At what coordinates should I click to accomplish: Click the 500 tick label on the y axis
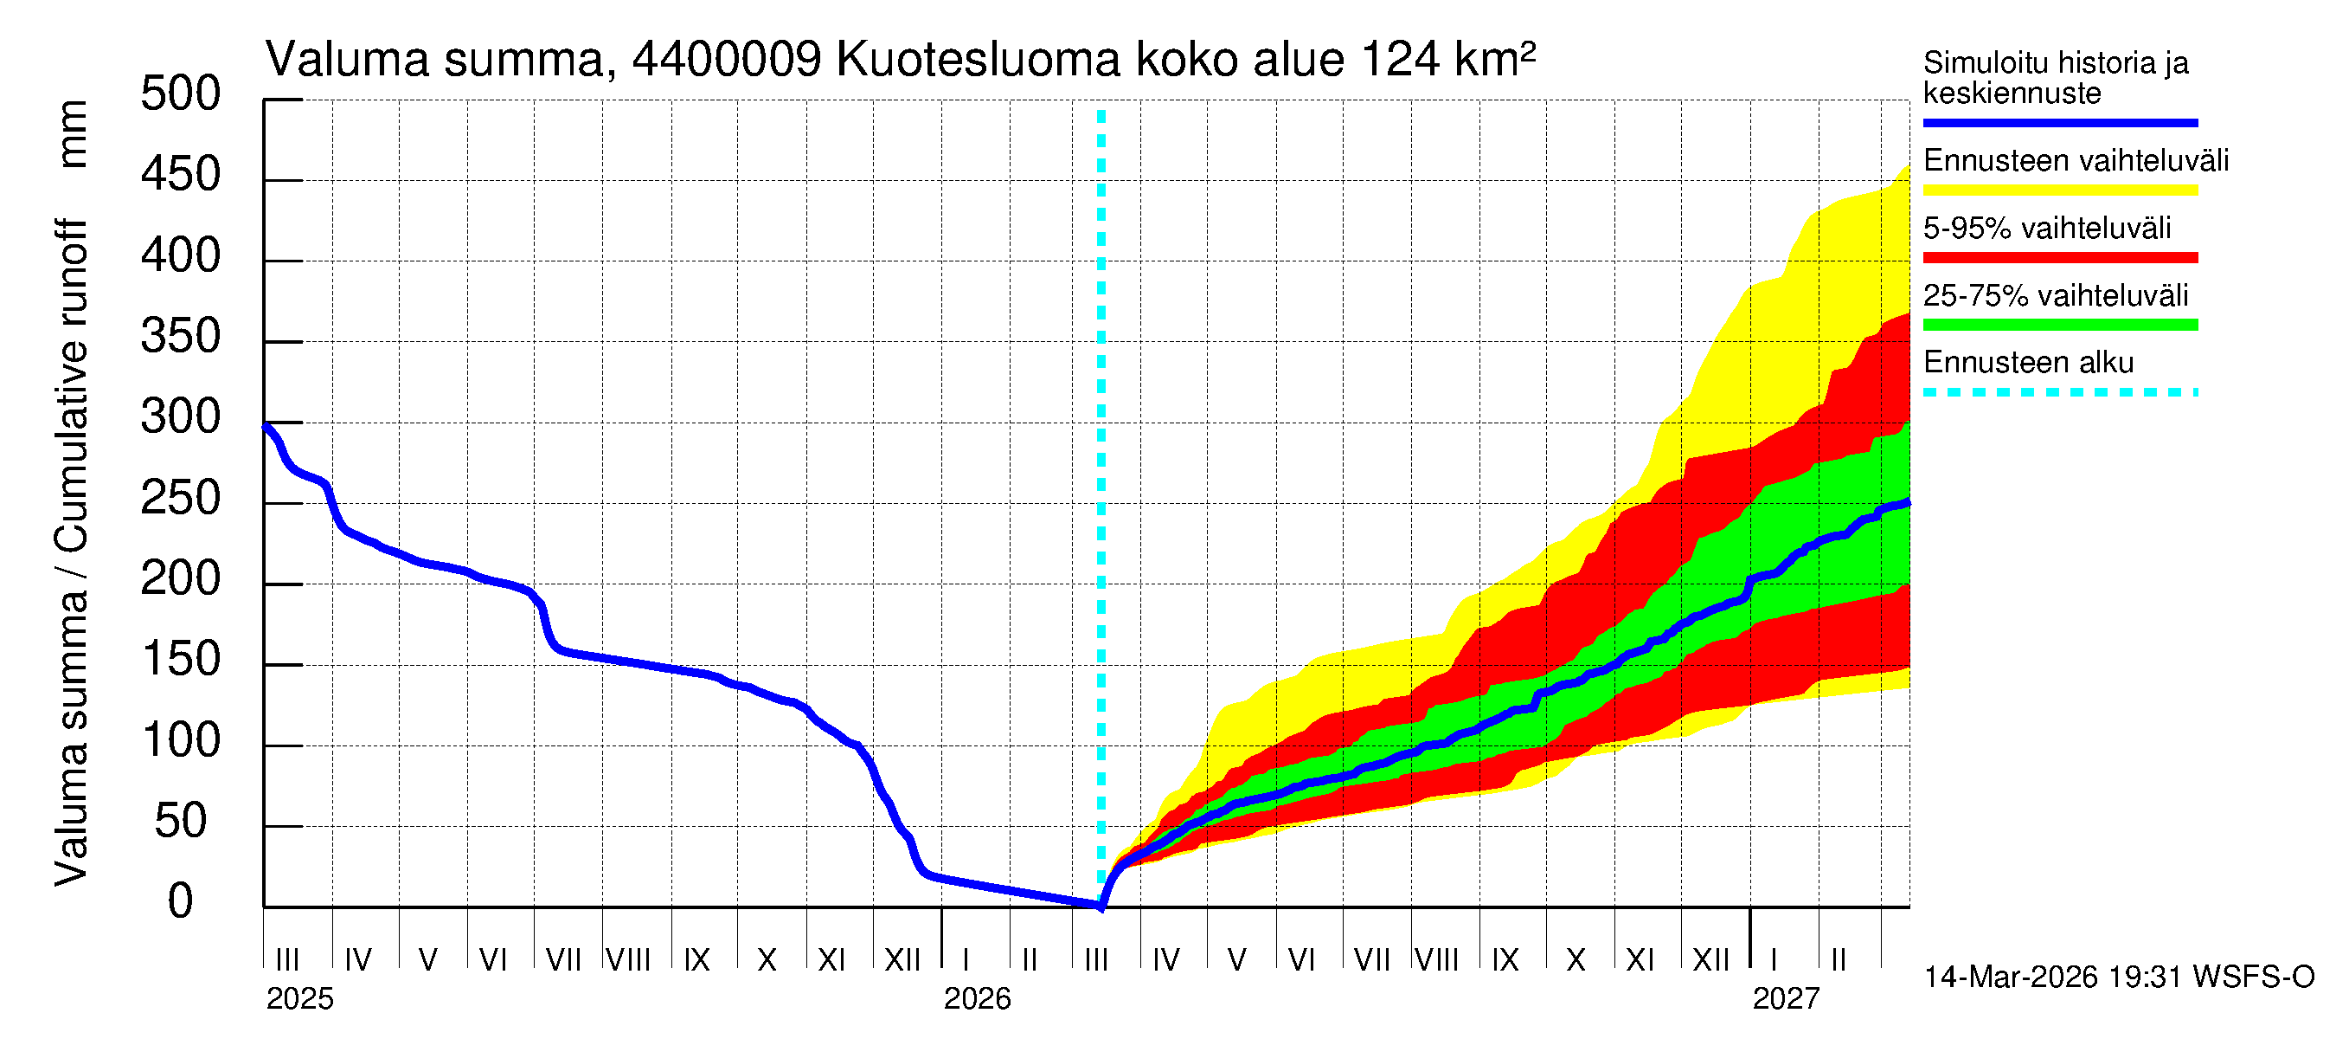pyautogui.click(x=181, y=94)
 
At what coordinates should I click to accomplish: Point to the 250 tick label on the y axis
pyautogui.click(x=181, y=499)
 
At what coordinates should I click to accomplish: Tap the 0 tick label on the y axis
pyautogui.click(x=181, y=903)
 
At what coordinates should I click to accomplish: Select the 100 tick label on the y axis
pyautogui.click(x=181, y=741)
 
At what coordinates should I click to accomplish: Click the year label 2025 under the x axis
pyautogui.click(x=299, y=999)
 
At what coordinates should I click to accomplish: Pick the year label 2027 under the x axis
pyautogui.click(x=1786, y=999)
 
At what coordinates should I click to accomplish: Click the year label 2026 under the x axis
pyautogui.click(x=977, y=999)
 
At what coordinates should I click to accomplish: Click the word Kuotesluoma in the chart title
pyautogui.click(x=978, y=60)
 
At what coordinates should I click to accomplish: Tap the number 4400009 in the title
pyautogui.click(x=727, y=60)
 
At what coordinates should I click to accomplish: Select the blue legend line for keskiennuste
pyautogui.click(x=2059, y=122)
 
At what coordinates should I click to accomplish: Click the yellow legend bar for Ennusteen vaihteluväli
pyautogui.click(x=2059, y=190)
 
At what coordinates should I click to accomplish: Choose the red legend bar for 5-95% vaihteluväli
pyautogui.click(x=2059, y=258)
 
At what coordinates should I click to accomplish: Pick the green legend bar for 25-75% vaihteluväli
pyautogui.click(x=2059, y=325)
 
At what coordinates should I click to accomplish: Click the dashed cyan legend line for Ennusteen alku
pyautogui.click(x=2059, y=393)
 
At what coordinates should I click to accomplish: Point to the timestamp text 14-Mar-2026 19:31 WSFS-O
pyautogui.click(x=2118, y=978)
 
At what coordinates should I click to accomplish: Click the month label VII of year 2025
pyautogui.click(x=563, y=960)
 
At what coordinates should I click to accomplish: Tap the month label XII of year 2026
pyautogui.click(x=1710, y=960)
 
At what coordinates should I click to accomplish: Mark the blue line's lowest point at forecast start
pyautogui.click(x=1100, y=906)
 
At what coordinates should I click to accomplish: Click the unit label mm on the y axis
pyautogui.click(x=73, y=134)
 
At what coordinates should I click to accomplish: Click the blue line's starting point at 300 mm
pyautogui.click(x=266, y=426)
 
